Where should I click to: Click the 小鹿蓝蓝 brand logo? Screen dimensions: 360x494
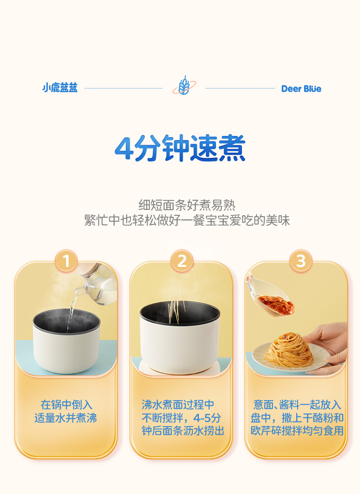pos(60,88)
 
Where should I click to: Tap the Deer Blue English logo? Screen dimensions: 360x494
pos(301,89)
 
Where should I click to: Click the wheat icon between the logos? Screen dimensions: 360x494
pos(184,86)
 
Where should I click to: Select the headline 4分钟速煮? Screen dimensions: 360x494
pos(180,148)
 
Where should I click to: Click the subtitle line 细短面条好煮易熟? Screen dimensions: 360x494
pos(187,205)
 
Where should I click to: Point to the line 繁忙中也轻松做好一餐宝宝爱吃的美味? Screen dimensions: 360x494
pos(187,220)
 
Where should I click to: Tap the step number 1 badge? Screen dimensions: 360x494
pos(66,261)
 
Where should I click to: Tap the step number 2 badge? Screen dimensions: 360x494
pos(182,261)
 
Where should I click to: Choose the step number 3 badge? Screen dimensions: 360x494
pos(301,261)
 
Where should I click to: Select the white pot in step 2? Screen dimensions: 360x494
pos(180,337)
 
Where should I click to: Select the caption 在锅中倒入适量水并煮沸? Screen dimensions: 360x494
pos(66,411)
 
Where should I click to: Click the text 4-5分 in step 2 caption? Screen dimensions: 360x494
pos(207,418)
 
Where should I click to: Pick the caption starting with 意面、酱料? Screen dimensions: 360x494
pos(297,418)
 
